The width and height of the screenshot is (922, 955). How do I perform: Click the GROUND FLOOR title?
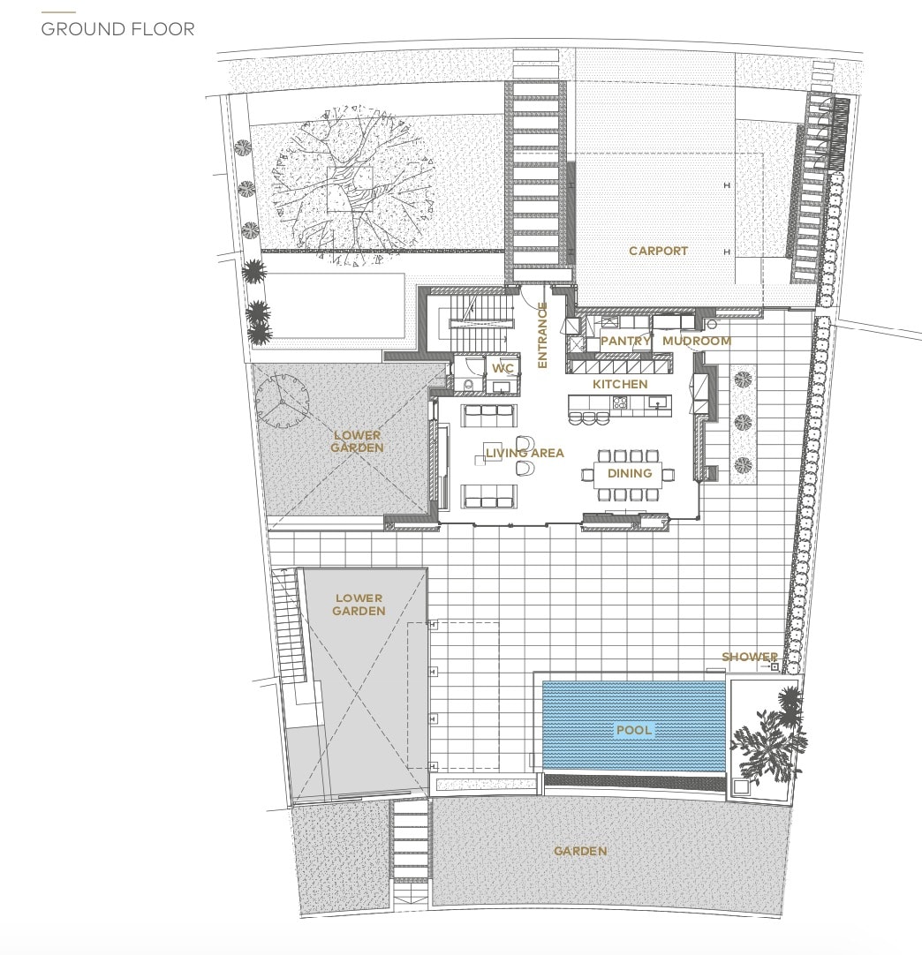click(117, 28)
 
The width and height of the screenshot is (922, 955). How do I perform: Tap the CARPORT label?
click(658, 251)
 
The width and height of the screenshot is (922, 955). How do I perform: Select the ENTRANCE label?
click(542, 335)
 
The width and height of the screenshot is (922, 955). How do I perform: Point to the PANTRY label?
click(625, 341)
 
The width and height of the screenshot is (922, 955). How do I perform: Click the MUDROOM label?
click(697, 341)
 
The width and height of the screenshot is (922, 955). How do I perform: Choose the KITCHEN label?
click(620, 384)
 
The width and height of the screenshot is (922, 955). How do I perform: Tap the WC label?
click(503, 368)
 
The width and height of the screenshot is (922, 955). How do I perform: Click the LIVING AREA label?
click(525, 453)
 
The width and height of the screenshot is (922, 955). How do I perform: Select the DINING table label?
click(630, 473)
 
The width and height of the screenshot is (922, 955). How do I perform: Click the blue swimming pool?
click(634, 725)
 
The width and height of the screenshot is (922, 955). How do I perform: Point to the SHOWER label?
click(750, 657)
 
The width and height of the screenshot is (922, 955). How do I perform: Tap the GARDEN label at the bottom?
click(580, 852)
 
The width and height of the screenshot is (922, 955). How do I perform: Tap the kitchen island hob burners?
click(620, 402)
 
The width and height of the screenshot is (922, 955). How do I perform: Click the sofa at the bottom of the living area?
click(488, 496)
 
